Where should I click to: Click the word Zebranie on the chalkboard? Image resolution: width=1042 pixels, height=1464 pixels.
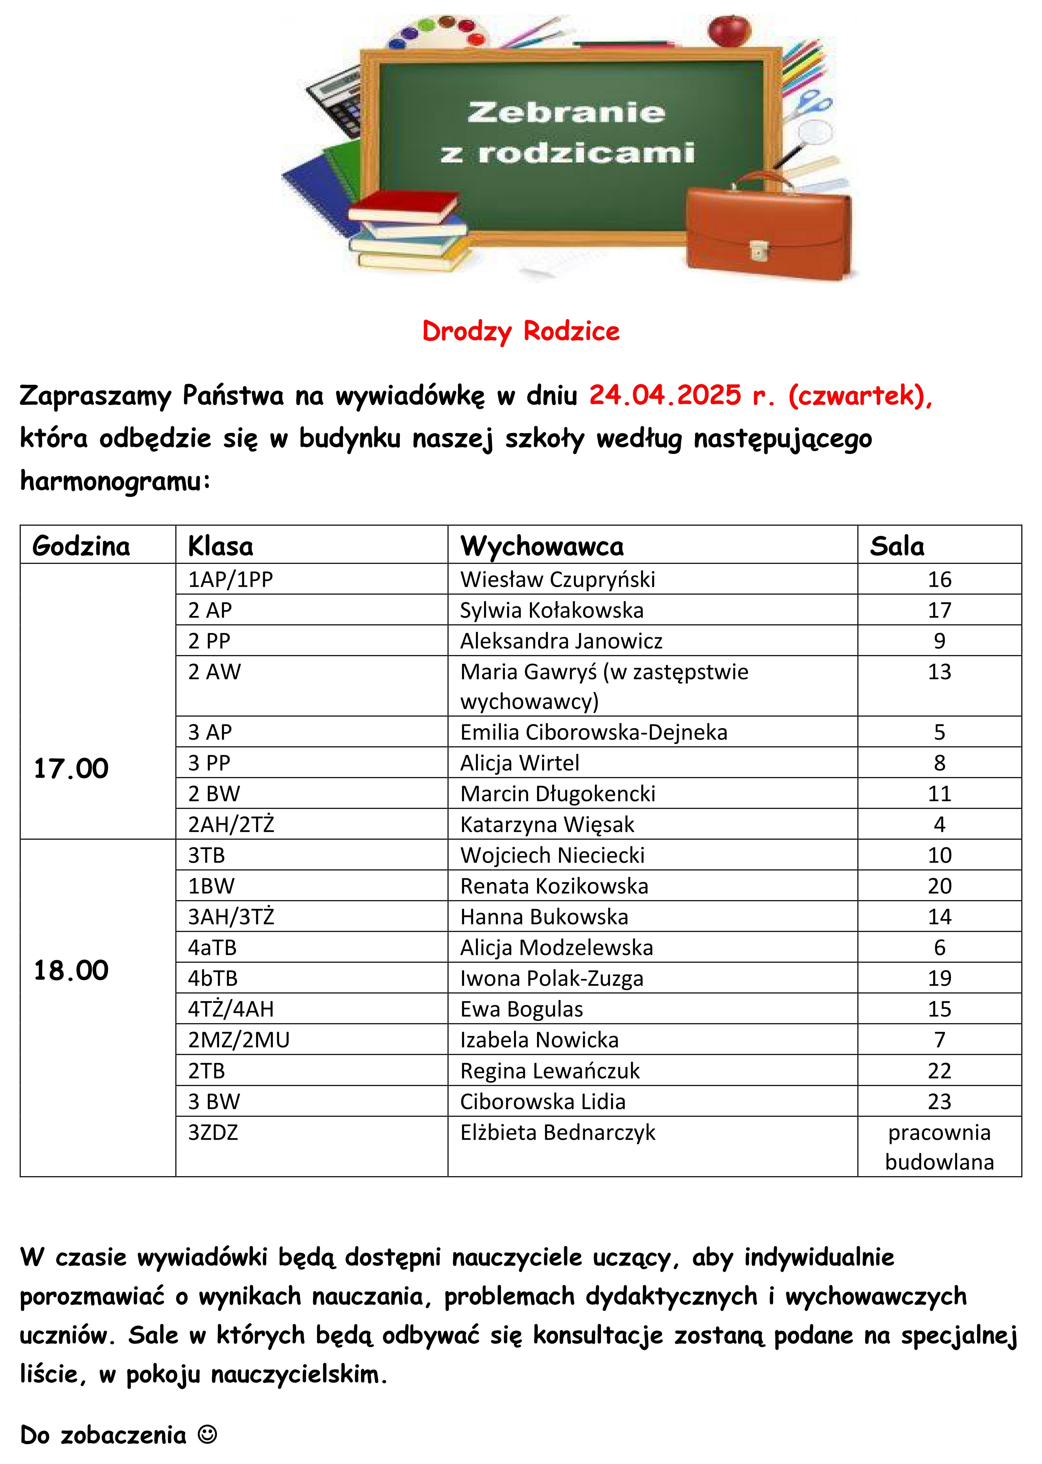coord(566,112)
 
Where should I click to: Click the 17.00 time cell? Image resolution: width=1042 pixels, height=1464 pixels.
coord(71,768)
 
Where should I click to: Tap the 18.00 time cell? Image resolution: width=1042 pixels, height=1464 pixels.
coord(71,970)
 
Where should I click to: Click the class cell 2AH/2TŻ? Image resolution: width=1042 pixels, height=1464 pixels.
coord(231,824)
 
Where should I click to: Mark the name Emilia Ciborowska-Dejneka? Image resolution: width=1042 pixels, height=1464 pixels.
coord(594,732)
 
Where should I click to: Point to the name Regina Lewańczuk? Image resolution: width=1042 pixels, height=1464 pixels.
coord(550,1071)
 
